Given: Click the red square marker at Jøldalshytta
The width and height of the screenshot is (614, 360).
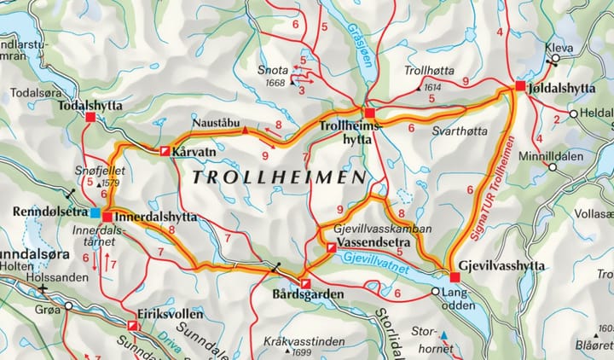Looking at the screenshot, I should click(519, 87).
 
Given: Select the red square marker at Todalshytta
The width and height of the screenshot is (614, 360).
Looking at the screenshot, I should click(90, 118).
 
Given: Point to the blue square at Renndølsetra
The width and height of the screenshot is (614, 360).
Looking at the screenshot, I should click(96, 212).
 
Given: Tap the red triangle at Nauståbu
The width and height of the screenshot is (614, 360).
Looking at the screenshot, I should click(246, 131).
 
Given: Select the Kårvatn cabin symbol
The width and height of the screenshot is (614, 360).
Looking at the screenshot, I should click(165, 151).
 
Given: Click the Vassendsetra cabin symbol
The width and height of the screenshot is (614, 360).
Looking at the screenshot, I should click(330, 247).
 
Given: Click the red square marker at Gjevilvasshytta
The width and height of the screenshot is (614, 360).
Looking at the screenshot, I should click(455, 276).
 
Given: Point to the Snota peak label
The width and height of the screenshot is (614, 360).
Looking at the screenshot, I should click(272, 70).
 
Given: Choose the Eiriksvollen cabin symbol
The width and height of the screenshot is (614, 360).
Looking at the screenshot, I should click(132, 326).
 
